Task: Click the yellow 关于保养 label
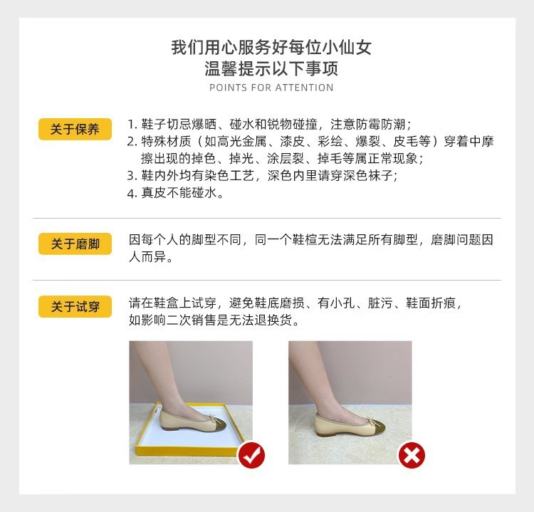click(75, 129)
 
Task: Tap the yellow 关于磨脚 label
click(75, 244)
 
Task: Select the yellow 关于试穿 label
click(75, 306)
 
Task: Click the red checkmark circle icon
click(251, 454)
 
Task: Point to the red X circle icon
click(411, 454)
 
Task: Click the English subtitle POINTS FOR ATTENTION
click(271, 88)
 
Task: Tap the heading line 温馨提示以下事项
click(271, 69)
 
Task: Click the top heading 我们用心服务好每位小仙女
click(271, 48)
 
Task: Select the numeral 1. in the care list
click(132, 123)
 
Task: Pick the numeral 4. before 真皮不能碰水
click(132, 193)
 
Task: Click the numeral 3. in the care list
click(132, 175)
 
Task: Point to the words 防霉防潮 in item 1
click(385, 123)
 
